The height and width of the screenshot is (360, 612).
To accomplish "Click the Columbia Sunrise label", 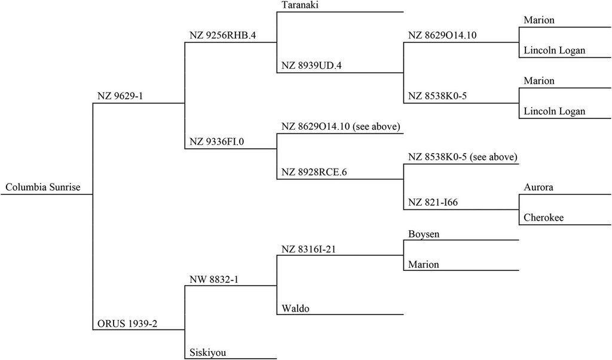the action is [x=43, y=187].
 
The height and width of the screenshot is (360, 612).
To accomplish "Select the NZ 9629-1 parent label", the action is [x=120, y=96].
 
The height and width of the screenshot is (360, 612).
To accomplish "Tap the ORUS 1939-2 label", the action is [x=127, y=324].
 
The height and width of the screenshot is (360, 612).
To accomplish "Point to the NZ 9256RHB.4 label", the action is [x=223, y=35].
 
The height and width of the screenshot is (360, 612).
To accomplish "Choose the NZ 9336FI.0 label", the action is [x=216, y=141].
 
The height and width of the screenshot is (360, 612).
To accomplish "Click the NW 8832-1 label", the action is [x=214, y=279].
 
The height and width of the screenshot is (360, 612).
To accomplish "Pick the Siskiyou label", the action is [x=208, y=353].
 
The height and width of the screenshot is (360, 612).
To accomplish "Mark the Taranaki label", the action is [x=301, y=5].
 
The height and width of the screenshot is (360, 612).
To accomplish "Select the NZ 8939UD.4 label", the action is [x=311, y=66].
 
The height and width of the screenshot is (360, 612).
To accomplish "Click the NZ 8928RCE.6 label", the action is [x=314, y=172].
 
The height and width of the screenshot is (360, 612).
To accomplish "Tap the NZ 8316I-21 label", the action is [x=309, y=249].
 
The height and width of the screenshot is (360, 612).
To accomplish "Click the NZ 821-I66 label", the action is [x=433, y=202].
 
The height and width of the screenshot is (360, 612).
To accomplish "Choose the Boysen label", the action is [x=424, y=234].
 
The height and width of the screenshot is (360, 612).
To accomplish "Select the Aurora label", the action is [x=538, y=187].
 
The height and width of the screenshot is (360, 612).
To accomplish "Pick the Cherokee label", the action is [x=544, y=218].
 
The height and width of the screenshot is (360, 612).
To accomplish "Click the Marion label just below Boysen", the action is [x=424, y=265].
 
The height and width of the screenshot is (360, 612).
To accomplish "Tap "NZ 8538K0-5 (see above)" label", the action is [x=463, y=157].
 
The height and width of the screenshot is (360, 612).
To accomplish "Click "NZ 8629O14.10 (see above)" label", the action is [x=341, y=127].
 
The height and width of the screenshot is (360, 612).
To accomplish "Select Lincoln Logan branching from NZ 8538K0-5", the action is [x=555, y=111].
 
